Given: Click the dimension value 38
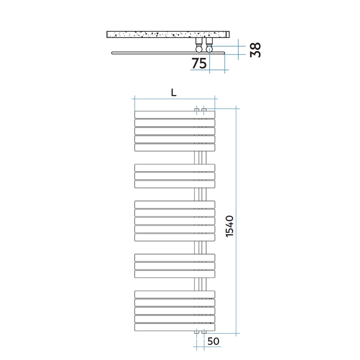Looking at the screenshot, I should (x=255, y=50).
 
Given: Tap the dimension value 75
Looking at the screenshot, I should (x=199, y=63).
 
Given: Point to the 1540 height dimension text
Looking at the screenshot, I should (x=229, y=226).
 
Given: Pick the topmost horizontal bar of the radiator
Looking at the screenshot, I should (x=174, y=114).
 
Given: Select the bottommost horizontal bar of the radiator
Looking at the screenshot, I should (x=174, y=327).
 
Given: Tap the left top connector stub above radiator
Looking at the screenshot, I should (x=197, y=110).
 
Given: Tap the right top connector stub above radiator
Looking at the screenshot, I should (x=204, y=110).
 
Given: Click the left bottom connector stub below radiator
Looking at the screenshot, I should (x=197, y=332).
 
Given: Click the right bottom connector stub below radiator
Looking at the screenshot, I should (x=204, y=332).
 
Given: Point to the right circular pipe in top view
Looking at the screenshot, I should (x=209, y=49).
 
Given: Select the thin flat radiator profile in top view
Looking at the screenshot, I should (x=161, y=53).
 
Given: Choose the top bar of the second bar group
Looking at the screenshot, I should (x=174, y=167).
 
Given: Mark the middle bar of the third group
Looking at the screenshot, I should (x=174, y=221).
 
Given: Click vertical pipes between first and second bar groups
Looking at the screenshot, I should (x=200, y=157).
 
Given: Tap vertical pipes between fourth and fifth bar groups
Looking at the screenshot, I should (x=200, y=284).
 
